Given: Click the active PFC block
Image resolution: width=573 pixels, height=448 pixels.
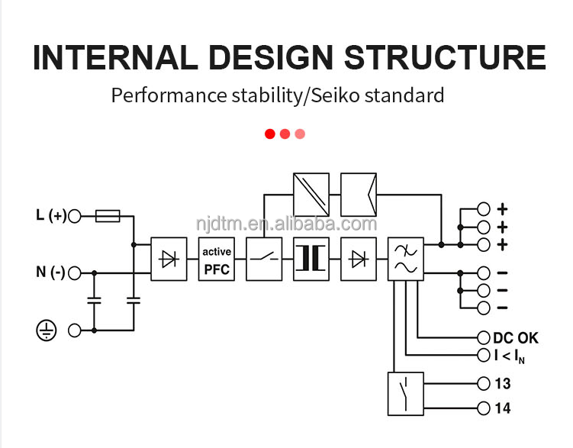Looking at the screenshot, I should (217, 259).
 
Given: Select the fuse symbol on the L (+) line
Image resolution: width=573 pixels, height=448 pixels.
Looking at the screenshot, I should (107, 217).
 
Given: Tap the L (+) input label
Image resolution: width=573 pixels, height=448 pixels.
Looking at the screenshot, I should (51, 216).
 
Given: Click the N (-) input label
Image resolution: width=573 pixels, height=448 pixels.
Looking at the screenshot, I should (50, 272).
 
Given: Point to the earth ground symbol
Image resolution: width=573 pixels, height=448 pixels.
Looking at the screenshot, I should (47, 330).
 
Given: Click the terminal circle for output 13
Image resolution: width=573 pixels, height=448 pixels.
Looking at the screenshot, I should (483, 384).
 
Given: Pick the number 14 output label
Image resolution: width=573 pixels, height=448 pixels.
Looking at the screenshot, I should (502, 408).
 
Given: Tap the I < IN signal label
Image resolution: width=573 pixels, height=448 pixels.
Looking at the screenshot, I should (510, 356).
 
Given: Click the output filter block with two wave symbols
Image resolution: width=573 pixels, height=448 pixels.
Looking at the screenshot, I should (405, 259).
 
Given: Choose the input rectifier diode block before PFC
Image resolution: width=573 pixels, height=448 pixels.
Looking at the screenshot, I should (169, 259).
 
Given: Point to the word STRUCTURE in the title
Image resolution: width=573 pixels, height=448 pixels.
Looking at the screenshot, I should (444, 58).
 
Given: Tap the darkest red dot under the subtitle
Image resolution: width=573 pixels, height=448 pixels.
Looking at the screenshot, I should (269, 134).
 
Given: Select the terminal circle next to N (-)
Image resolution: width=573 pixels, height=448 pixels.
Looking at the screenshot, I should (75, 272).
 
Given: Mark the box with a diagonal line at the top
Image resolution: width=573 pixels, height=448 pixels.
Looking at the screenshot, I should (311, 195).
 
